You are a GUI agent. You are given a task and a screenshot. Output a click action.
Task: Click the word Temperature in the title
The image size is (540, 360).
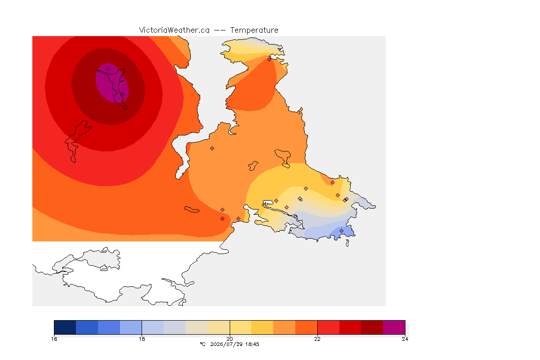tap(254, 30)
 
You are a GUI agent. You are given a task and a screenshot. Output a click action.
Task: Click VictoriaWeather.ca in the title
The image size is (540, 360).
tap(174, 30)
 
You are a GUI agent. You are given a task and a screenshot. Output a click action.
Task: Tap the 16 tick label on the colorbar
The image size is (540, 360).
tap(54, 339)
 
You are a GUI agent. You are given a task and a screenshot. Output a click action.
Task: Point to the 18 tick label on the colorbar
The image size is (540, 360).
tap(142, 339)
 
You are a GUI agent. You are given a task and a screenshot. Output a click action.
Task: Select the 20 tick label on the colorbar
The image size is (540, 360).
tap(230, 339)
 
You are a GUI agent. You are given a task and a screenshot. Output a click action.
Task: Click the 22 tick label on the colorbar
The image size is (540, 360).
tap(317, 339)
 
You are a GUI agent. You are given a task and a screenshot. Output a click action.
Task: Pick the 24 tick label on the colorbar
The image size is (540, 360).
tap(405, 339)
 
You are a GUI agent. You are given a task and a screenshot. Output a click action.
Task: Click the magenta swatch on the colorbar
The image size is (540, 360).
tap(394, 327)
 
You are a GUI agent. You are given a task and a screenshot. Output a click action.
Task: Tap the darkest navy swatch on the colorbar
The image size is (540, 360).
tap(65, 327)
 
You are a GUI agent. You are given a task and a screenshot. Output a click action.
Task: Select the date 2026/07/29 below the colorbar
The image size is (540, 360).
tap(226, 344)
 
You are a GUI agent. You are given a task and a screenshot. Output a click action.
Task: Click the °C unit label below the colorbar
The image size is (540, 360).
tap(202, 344)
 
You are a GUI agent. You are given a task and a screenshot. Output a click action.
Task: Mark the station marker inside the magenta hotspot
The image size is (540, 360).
tap(108, 69)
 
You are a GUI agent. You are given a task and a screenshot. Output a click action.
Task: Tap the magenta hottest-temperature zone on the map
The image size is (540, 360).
tap(112, 82)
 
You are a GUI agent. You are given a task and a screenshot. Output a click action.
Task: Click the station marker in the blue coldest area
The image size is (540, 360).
tap(341, 231)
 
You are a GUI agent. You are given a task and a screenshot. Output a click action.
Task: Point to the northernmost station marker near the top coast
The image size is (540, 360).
tap(270, 59)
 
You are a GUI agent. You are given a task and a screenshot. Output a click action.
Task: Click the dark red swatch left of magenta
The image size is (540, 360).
tap(372, 327)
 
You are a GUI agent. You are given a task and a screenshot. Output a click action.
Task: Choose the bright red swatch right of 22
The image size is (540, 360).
tap(328, 327)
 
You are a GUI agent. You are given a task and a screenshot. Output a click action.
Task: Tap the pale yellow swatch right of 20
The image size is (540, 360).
tap(240, 327)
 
